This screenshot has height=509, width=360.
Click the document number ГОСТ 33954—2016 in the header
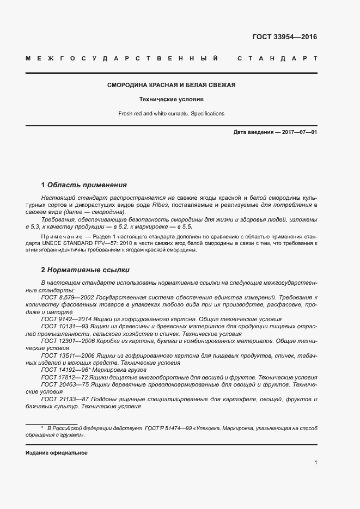coord(284,37)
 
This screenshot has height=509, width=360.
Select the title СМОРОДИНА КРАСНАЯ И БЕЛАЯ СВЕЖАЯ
coord(171,85)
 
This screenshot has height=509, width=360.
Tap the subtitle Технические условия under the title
coord(171,100)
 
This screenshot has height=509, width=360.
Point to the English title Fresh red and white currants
coord(171,114)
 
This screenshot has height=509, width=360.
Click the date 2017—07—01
coord(298,132)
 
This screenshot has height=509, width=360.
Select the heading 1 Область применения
coord(84,185)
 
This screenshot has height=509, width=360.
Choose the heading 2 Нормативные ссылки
coord(85,270)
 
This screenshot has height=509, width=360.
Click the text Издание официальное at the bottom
coord(57,453)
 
